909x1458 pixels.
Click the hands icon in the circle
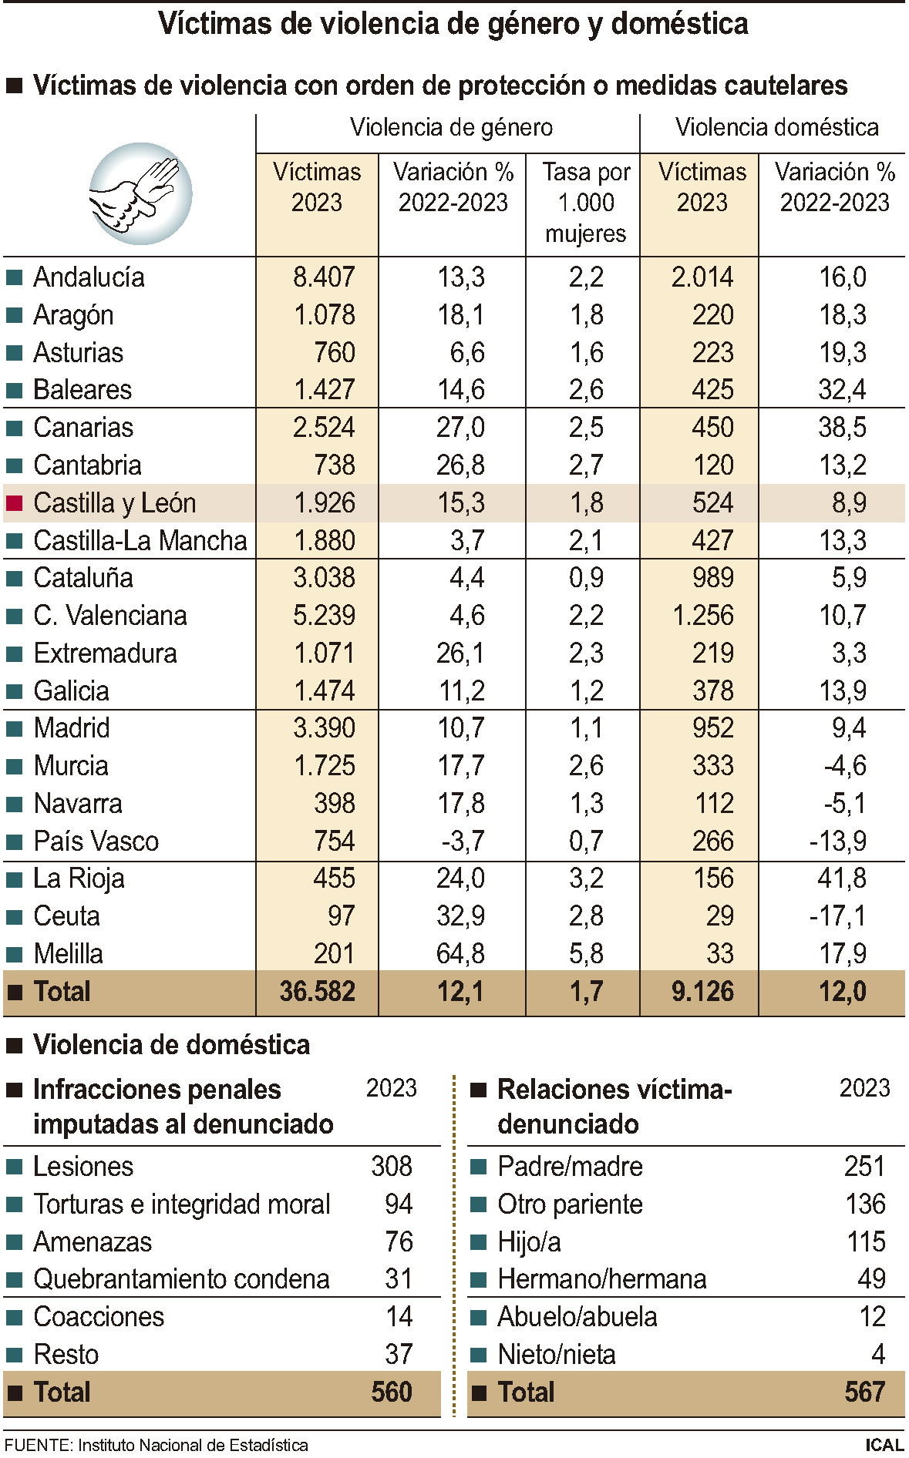140,193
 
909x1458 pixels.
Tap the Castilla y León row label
114,503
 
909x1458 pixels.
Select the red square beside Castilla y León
14,503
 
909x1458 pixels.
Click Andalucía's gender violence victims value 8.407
324,277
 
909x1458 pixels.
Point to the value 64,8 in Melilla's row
460,954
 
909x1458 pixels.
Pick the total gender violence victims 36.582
317,992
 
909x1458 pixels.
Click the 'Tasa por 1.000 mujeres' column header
585,203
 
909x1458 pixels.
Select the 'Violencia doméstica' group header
776,127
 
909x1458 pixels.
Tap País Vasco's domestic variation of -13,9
837,842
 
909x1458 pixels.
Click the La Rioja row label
78,878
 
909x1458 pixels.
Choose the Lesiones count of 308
392,1167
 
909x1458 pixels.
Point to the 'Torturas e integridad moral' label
181,1204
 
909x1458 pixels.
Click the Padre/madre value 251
864,1167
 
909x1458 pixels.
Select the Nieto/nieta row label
556,1355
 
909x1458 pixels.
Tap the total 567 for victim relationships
864,1392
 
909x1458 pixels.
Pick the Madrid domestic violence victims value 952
712,728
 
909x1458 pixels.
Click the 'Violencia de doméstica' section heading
171,1045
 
